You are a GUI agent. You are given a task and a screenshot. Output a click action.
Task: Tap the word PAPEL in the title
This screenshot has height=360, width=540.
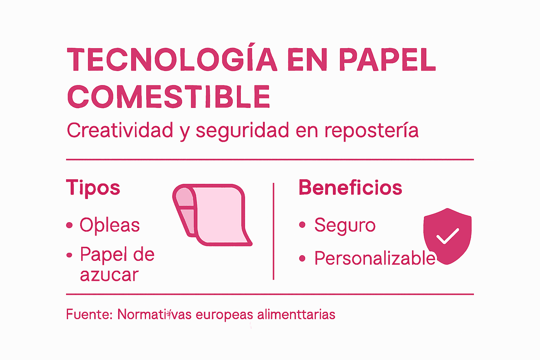click(387, 60)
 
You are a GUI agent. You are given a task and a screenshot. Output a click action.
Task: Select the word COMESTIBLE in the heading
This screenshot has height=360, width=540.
click(169, 97)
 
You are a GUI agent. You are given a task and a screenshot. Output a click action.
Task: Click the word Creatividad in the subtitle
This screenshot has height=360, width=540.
click(120, 130)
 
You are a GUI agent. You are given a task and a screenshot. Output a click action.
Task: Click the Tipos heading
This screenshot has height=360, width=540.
click(93, 187)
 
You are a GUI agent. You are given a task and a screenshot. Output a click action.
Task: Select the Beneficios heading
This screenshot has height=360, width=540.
click(350, 187)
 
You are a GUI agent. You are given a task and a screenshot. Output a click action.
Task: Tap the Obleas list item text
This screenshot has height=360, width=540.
click(110, 225)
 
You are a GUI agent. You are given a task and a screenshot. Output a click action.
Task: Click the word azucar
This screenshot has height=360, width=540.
click(109, 275)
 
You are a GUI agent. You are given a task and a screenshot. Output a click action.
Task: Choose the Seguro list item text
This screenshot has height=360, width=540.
click(345, 225)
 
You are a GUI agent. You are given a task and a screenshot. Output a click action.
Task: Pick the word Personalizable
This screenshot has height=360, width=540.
click(375, 258)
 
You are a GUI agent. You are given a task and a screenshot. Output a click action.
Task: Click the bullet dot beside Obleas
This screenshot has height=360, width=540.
click(70, 225)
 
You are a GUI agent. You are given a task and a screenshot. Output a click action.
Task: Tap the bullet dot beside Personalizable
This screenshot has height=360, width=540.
click(302, 259)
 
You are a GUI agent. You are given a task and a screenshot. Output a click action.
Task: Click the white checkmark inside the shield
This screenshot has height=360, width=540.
click(447, 236)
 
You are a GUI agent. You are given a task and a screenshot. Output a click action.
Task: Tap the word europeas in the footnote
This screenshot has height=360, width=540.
click(224, 314)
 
